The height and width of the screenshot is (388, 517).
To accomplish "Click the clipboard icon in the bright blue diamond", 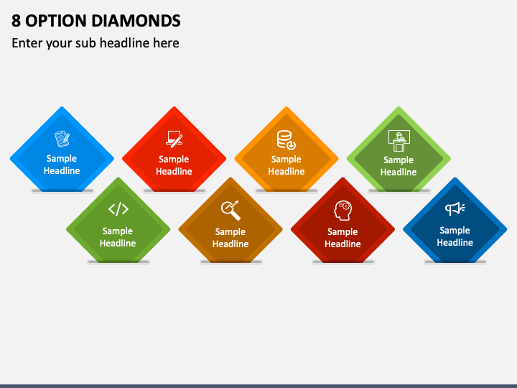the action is point(62,139).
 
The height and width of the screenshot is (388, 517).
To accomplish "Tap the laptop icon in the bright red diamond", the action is point(174,139).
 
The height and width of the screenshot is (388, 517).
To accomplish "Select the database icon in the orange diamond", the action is point(287,140).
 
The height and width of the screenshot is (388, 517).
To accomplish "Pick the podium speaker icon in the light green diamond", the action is point(399,141).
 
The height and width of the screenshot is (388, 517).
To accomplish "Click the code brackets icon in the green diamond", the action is point(118,209).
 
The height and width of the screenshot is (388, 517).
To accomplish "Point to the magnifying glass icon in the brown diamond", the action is point(230,210).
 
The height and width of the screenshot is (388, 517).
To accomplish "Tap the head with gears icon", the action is point(343,211).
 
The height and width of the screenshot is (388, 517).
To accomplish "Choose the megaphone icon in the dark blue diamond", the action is point(455,209).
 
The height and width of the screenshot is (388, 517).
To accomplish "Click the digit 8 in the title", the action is point(16,21).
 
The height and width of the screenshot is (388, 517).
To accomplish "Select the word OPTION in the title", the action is point(56,21).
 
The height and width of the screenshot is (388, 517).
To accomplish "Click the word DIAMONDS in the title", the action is point(136,21).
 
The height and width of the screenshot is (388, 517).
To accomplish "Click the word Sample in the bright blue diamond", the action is point(62,159).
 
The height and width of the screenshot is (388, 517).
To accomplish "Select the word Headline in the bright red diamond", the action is point(174,171).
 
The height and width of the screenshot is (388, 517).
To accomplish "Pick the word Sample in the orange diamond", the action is point(287,160).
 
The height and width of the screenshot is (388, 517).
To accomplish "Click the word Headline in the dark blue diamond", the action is point(455,243).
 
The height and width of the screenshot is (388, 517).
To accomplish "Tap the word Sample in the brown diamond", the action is point(230,232).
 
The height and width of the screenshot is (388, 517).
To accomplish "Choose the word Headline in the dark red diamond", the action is point(343,244).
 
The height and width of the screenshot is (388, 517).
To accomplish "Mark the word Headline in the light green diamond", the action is point(399,172).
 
